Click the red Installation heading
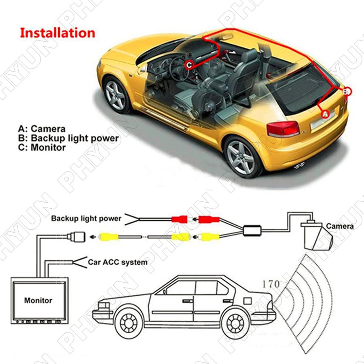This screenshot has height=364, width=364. click(57, 33)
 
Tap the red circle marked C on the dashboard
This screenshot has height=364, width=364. click(189, 65)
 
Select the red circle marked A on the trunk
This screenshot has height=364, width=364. click(325, 114)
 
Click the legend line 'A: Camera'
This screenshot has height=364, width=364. click(42, 129)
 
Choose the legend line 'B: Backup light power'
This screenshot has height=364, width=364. click(68, 138)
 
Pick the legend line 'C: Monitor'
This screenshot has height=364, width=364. click(42, 147)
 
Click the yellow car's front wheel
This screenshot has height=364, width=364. click(116, 95)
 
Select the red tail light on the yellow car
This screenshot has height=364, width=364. click(283, 129)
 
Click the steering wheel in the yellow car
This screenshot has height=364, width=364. click(178, 69)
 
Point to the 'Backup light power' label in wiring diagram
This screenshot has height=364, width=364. click(86, 218)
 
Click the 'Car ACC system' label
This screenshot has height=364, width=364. click(117, 262)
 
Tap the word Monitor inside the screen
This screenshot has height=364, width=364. click(38, 300)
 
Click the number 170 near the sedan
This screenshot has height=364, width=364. click(271, 284)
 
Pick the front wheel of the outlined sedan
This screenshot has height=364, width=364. click(129, 323)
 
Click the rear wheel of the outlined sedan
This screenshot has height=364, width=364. click(235, 323)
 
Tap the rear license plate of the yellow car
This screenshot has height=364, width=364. click(323, 121)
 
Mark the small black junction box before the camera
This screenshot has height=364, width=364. click(252, 231)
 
